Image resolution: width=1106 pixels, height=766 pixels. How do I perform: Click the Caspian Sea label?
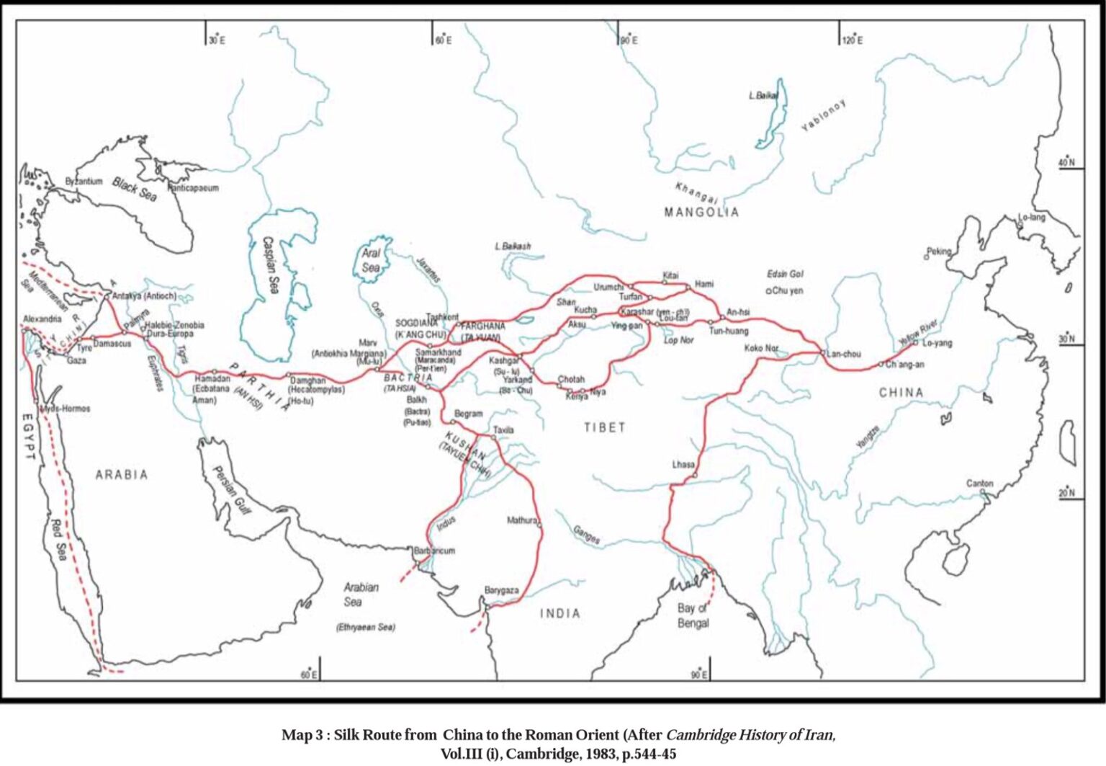coord(271,264)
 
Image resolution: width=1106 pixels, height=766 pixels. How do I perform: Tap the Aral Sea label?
coord(371,260)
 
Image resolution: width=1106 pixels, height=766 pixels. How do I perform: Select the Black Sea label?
coord(135,190)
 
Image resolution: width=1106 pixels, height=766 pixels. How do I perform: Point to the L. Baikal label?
coord(763,95)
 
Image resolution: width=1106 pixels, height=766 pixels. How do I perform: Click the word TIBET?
coord(604,427)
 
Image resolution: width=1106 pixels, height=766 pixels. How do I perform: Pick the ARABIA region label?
coord(122,474)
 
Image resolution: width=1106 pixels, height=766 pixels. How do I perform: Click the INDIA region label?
coord(560,613)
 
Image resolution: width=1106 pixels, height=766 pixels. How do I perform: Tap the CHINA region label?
coord(901,392)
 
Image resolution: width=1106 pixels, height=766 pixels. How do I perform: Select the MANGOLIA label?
coord(701,212)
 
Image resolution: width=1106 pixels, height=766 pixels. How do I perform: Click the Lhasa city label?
coord(683,464)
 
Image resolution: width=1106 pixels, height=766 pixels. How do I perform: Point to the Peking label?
coord(939,251)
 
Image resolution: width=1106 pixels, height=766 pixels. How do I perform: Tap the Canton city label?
coord(979,484)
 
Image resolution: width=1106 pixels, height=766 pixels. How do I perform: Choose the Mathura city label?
coord(521,520)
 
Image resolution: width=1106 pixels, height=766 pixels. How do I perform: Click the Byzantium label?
coord(84,182)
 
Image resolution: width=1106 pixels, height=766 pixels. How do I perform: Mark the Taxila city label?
coord(503,430)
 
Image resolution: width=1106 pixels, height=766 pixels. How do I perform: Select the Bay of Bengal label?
coord(693,615)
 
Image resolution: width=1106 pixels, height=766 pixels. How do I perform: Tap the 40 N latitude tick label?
coord(1066,163)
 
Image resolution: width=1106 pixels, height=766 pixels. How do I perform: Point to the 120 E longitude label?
coord(853,40)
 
